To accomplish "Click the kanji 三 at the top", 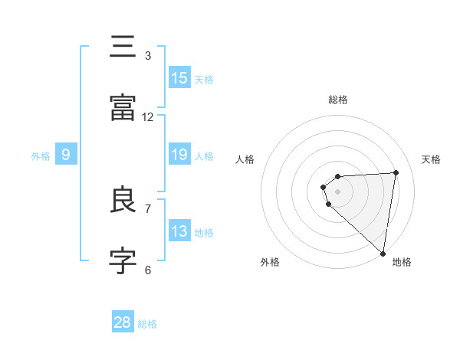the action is tap(123, 47).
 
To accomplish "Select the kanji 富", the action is tap(123, 108).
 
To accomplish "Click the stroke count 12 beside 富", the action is tap(148, 116).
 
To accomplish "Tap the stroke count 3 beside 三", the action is tap(148, 56).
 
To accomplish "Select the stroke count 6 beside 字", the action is tap(148, 270).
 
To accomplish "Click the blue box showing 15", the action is tap(179, 78).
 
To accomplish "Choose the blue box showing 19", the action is tap(179, 155).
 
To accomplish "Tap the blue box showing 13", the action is tap(179, 231).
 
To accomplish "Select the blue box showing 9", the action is tap(66, 155).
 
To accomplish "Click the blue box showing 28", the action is tap(123, 322).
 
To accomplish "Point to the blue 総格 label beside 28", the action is tap(148, 324).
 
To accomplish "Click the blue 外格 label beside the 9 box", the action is tap(41, 156).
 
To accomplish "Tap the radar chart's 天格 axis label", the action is tap(432, 159).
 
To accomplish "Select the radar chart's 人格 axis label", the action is tap(245, 159).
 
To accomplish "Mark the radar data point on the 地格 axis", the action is tap(383, 253).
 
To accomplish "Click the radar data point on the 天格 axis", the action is tap(396, 172).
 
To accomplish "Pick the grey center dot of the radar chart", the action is tap(337, 191).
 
